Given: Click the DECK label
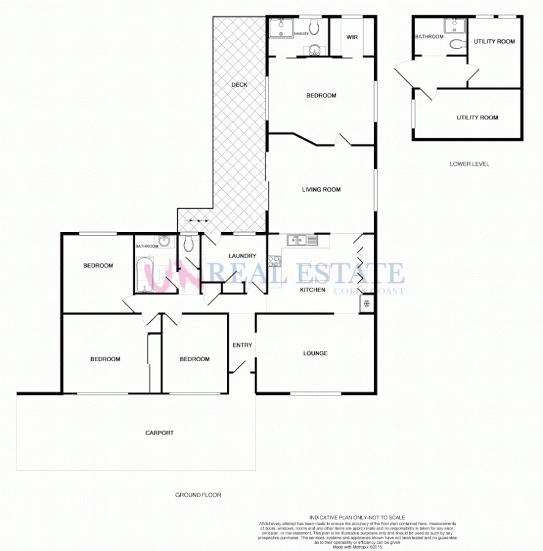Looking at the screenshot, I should coord(239,84).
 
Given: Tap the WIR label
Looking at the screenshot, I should coord(352,37).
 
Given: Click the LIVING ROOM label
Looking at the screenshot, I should coord(321,190).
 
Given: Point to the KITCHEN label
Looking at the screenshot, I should coord(312,290).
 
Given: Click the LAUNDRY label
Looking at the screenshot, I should coord(242,256).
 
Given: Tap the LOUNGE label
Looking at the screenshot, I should coord(315,353).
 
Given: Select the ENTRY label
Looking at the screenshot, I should coord(242,345).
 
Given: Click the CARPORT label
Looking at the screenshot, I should coord(159,433).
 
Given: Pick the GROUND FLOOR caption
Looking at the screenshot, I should coord(198,495).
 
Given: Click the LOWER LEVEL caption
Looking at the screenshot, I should coord(469,164).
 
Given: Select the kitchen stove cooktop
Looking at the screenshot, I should coord(273,261).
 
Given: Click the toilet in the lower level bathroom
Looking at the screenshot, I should coord(456,44).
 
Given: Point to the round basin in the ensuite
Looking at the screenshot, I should coord(315,50).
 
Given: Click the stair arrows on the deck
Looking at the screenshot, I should coord(198,220).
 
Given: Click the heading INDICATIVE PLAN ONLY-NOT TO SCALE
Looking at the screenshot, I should coord(357,517).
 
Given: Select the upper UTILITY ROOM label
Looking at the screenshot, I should coord(494,42).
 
